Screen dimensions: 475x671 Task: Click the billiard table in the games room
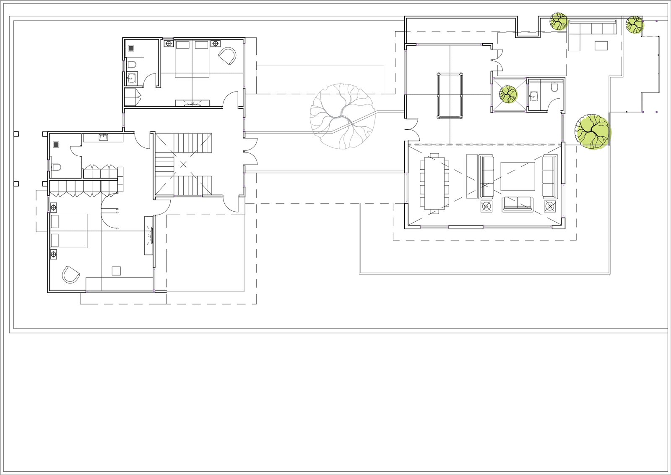450,96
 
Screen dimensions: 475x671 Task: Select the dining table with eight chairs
434,183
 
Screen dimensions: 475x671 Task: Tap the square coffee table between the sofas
518,176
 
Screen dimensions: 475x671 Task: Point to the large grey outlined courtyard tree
342,115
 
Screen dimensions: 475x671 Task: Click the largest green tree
592,131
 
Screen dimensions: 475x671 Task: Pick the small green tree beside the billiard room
508,94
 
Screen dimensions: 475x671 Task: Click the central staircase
184,164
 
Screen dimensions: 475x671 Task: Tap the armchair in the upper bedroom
227,56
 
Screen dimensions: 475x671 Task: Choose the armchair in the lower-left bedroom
70,275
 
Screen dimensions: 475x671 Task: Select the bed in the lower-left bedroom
69,231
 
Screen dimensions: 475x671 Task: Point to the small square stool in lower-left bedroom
116,271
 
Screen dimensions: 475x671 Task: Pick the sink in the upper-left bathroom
132,77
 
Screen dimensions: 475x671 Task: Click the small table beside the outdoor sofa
601,45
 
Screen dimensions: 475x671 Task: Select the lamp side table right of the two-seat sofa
550,206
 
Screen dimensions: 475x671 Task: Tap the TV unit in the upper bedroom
192,102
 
